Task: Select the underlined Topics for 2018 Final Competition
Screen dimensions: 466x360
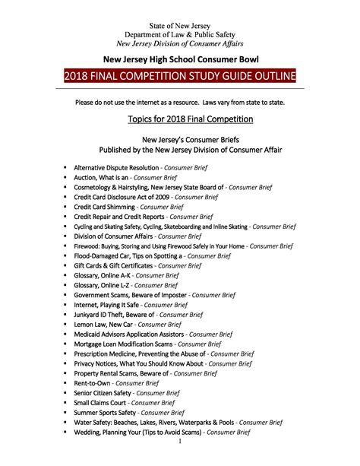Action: [x=180, y=119]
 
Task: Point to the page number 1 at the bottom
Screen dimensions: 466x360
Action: [x=180, y=441]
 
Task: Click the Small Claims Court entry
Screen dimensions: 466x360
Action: [x=130, y=402]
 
